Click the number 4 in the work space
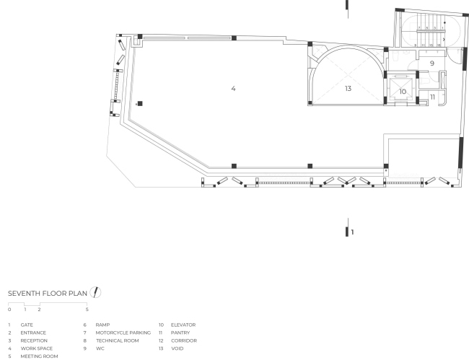233,88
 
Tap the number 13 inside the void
348,88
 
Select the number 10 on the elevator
403,92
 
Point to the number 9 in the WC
431,64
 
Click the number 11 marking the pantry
432,96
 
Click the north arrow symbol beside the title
95,292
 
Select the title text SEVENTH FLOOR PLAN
48,293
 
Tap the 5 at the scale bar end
87,309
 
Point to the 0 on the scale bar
9,309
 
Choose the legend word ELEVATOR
183,325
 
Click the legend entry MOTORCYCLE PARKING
123,333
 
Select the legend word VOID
177,348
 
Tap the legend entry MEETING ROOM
39,356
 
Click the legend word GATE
27,325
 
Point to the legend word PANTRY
180,333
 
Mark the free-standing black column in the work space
140,103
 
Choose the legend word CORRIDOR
183,341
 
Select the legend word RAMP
102,325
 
